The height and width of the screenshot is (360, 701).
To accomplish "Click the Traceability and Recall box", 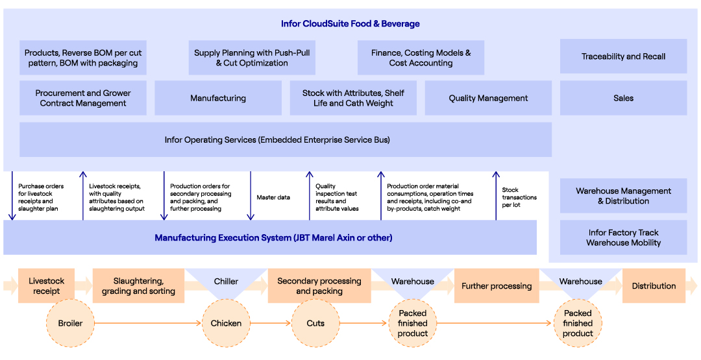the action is coord(623,56).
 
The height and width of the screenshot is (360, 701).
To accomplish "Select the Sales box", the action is coord(623,98).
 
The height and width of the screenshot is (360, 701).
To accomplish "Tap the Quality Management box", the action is coord(488,98).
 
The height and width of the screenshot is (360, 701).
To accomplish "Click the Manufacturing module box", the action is coord(218,98).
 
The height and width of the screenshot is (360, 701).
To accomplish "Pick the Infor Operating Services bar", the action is coord(286,140).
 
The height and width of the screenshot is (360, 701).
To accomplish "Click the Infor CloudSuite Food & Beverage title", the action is coord(350,23).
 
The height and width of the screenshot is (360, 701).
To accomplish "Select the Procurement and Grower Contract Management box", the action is coord(83,98).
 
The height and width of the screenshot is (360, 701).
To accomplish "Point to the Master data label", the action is coord(273,197).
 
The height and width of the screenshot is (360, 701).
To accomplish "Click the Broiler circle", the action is coord(71,323).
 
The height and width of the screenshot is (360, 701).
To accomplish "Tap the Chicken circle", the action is coord(227,323).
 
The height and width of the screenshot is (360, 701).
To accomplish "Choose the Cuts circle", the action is coord(315,323).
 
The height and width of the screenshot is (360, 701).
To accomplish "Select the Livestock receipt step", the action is coord(47,286).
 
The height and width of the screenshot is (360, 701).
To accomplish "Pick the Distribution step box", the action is coord(654,286).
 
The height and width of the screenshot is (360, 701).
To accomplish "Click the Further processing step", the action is coord(497,286).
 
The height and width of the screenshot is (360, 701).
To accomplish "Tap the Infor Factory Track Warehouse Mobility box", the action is coord(623,237).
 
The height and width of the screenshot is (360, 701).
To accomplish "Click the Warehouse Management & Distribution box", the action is coord(623,196).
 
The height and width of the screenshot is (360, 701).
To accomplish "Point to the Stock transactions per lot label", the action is coord(519,197).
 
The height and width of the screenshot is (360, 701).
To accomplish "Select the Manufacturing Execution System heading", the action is coord(274,237).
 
